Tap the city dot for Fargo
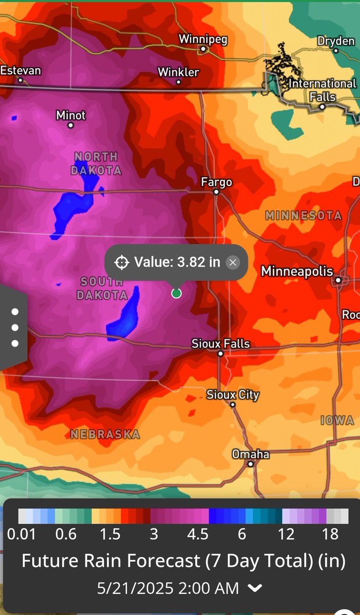[x=217, y=192]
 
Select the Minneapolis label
[x=297, y=271]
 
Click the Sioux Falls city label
[x=221, y=343]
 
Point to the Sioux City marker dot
[x=232, y=405]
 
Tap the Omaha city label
[x=250, y=454]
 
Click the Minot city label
[x=71, y=115]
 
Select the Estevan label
[x=20, y=70]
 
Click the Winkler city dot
[x=179, y=82]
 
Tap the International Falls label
[x=322, y=90]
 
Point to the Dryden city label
[x=336, y=40]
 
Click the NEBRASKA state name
[x=105, y=435]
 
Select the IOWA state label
[x=337, y=421]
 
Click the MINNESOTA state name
[x=303, y=216]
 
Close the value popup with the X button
[x=233, y=263]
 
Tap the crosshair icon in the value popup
[x=122, y=263]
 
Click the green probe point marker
[x=176, y=293]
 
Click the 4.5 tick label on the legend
[x=198, y=535]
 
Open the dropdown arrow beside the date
[x=255, y=588]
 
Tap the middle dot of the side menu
[x=15, y=327]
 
